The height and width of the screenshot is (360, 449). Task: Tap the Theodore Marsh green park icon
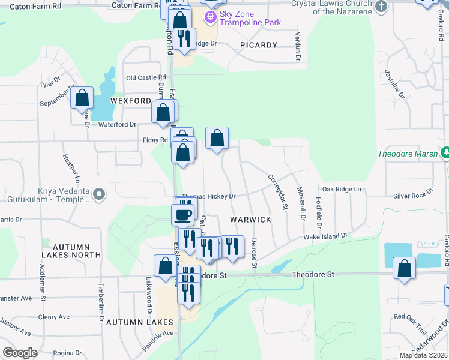click(x=445, y=153)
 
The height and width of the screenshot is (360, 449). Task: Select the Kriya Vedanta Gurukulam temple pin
click(x=100, y=194)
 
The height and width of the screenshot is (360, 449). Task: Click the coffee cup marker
click(x=184, y=214)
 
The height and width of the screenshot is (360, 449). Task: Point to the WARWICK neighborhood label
click(x=250, y=220)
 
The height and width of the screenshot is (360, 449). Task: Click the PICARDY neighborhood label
click(x=259, y=45)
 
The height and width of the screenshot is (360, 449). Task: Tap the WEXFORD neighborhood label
click(x=130, y=101)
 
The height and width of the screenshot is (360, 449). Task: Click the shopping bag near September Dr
click(x=82, y=98)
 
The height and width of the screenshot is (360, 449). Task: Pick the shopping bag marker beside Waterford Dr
click(x=163, y=112)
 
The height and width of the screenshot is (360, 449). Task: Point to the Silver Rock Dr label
click(x=413, y=195)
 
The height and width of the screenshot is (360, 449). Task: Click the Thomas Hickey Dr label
click(x=208, y=196)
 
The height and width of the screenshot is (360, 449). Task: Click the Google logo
click(x=20, y=353)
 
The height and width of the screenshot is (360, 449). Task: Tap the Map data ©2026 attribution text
click(x=423, y=355)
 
